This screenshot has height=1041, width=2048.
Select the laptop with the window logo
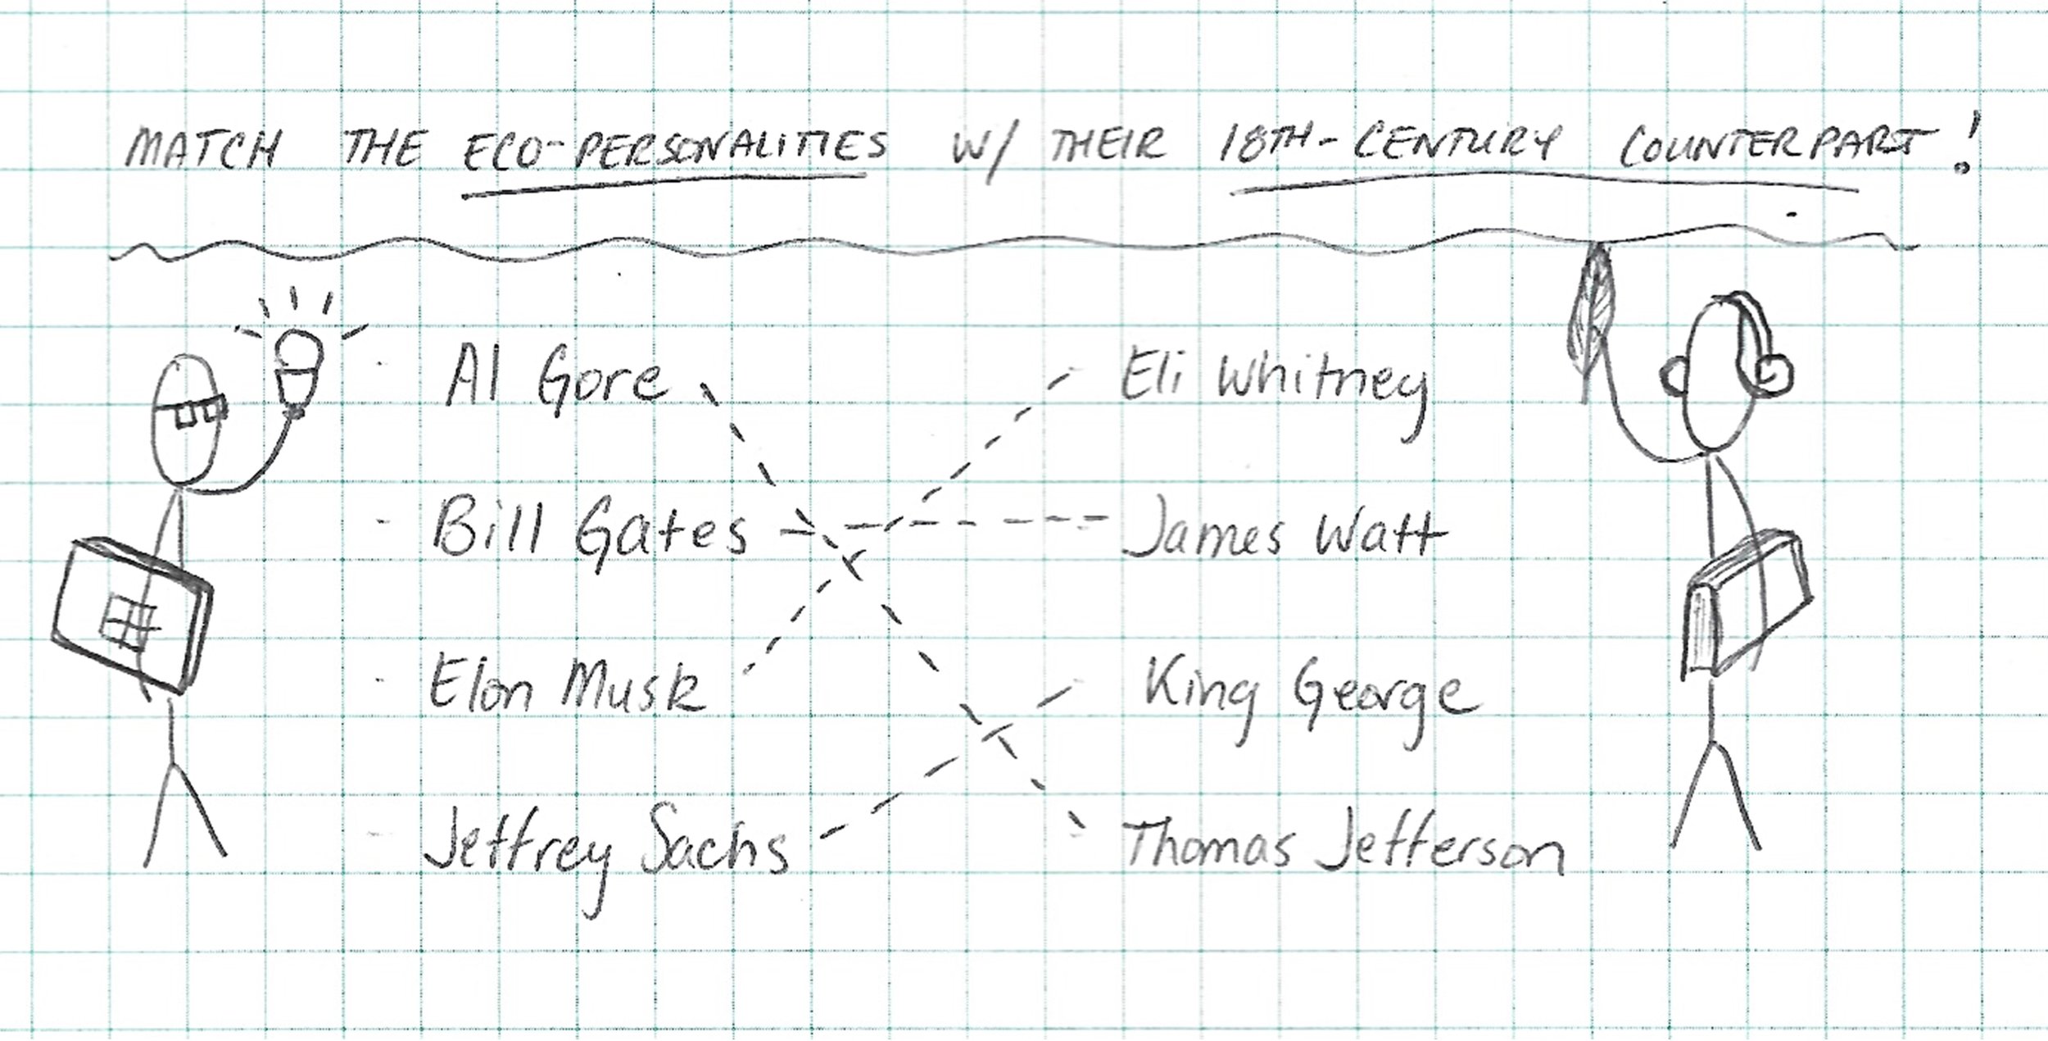tap(131, 615)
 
